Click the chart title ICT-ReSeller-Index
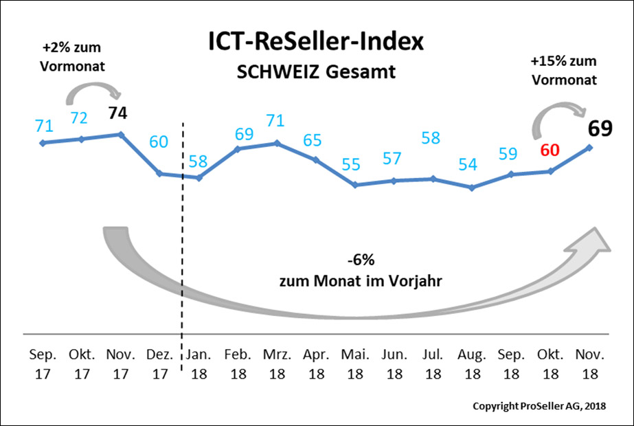317,41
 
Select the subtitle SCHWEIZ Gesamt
317,71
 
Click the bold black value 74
120,113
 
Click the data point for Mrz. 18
277,143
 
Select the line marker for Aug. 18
472,187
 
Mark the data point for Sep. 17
43,143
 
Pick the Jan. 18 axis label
199,365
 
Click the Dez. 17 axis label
159,365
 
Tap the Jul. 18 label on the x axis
433,365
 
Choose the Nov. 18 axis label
589,365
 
